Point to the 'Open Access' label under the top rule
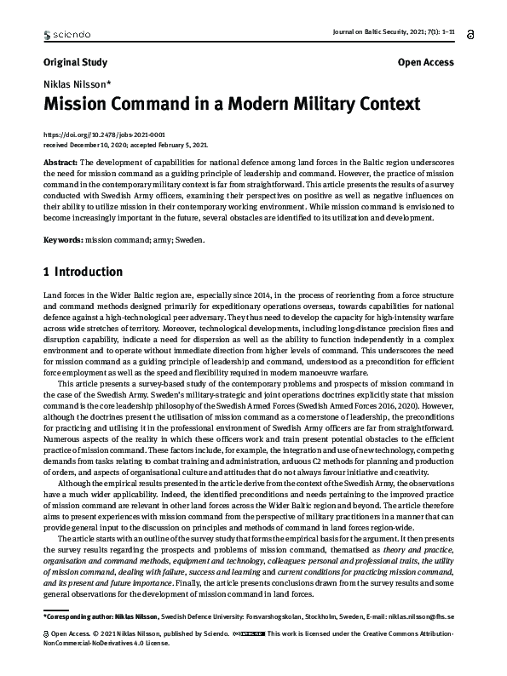click(x=425, y=62)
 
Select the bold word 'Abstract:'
click(x=60, y=161)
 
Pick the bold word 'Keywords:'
click(x=63, y=239)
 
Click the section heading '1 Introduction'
click(x=83, y=272)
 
